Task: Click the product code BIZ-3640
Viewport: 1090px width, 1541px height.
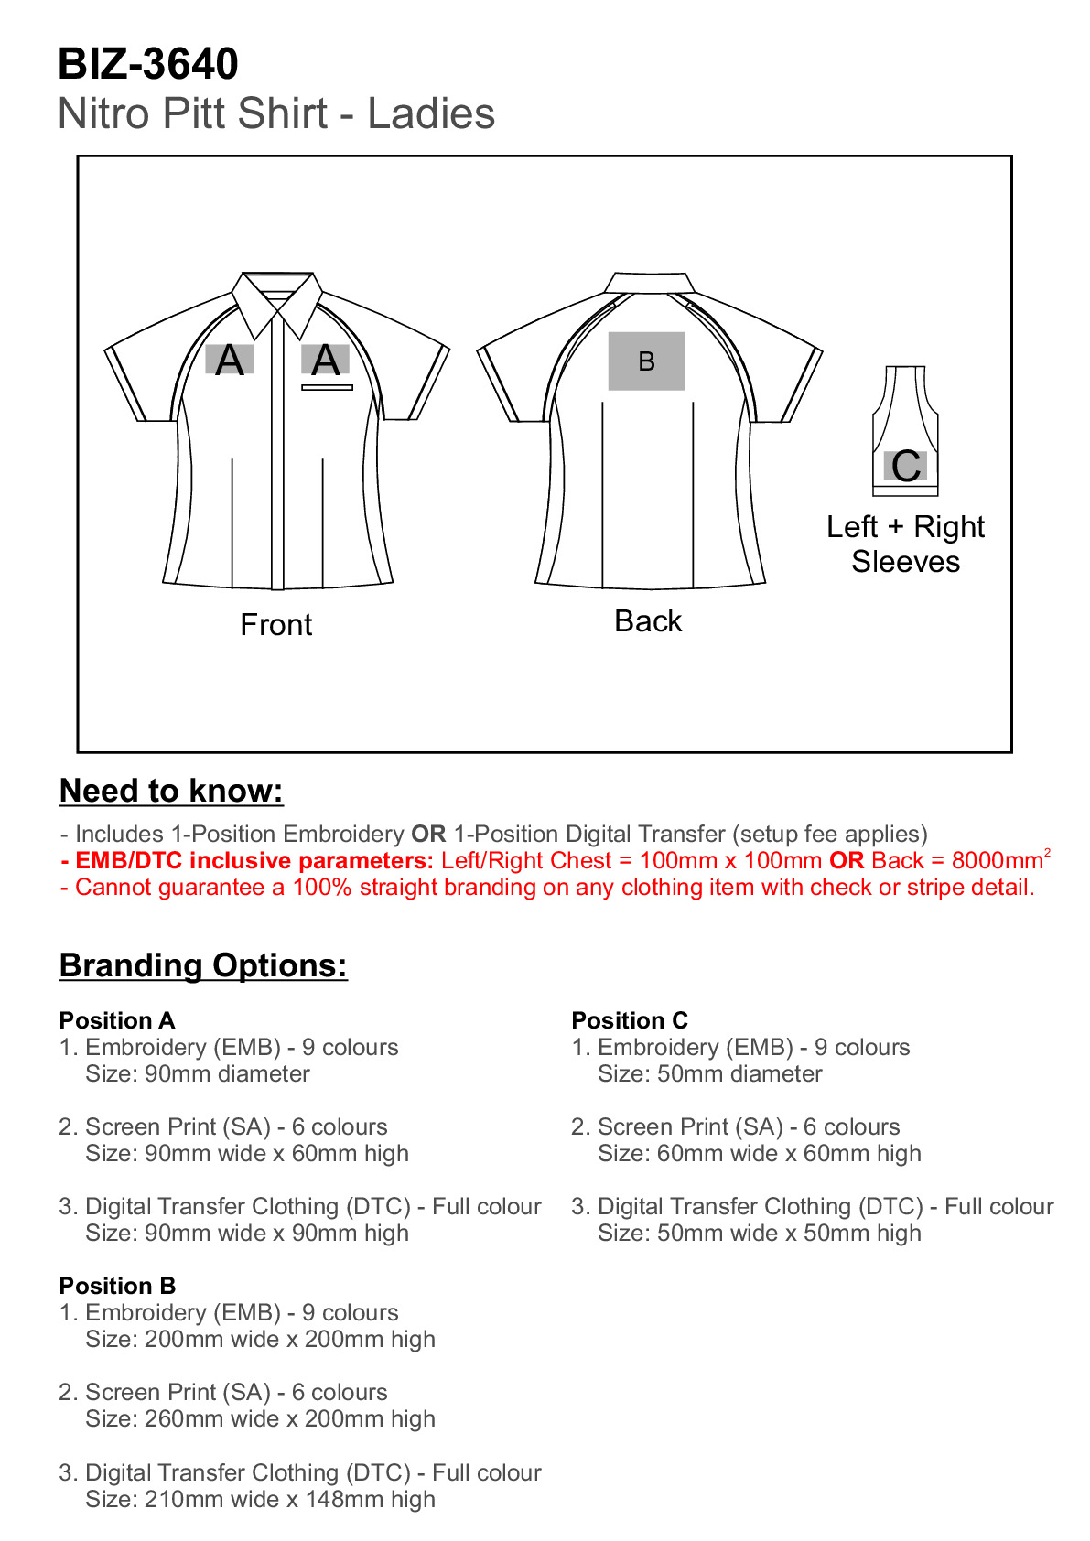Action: [147, 64]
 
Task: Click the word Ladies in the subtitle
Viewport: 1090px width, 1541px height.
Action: [431, 114]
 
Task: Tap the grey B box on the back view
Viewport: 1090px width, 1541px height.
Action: [646, 361]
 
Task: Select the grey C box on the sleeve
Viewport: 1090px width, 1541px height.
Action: [906, 466]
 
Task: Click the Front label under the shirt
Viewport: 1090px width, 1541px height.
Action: [275, 625]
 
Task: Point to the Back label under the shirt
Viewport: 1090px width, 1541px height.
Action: [648, 621]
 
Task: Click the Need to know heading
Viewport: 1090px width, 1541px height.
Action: [171, 791]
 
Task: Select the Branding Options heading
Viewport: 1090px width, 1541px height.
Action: [203, 965]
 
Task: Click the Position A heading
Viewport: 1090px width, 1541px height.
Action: [117, 1020]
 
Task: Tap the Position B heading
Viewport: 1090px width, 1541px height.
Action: [117, 1286]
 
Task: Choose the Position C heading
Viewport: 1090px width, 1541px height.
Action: [630, 1020]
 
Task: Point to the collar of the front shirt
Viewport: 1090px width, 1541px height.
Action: [276, 297]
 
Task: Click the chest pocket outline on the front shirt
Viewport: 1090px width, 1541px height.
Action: [327, 388]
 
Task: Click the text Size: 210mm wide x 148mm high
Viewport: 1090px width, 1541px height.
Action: [260, 1499]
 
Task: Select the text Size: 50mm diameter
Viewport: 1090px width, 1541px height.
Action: [709, 1073]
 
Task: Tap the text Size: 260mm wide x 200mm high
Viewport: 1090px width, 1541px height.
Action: [260, 1418]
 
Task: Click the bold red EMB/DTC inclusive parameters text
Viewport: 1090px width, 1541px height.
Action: [247, 861]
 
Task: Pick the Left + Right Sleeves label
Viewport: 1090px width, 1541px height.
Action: [905, 544]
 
